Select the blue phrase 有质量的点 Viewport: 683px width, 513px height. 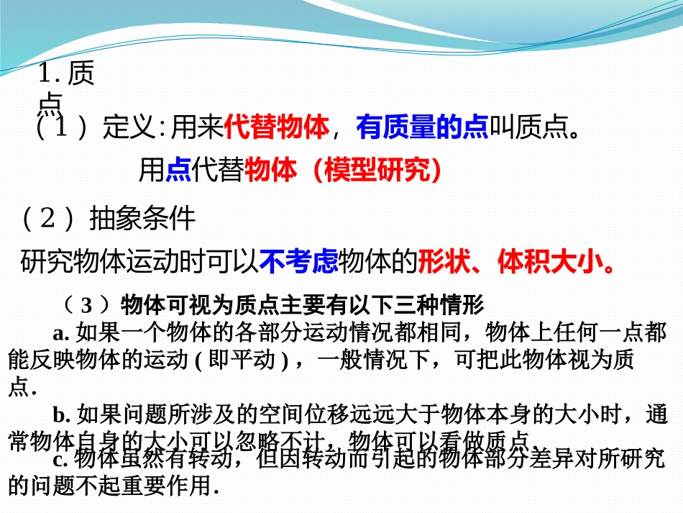pyautogui.click(x=422, y=128)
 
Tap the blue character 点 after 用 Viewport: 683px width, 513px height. pyautogui.click(x=178, y=170)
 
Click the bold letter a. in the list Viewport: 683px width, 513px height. pyautogui.click(x=60, y=332)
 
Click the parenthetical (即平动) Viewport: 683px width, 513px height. pyautogui.click(x=242, y=360)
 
